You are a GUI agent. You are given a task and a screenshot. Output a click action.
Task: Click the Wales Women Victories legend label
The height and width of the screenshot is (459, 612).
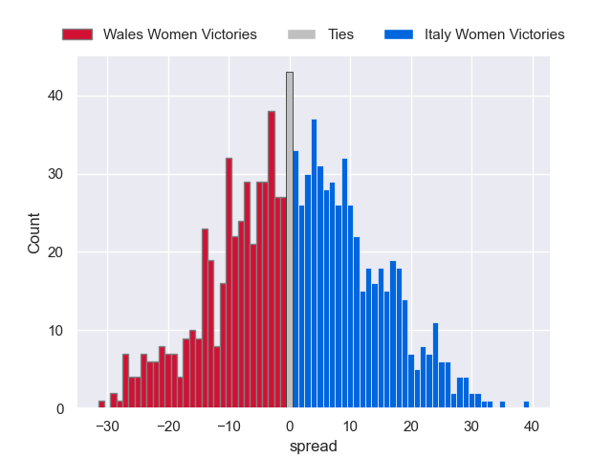[x=180, y=34]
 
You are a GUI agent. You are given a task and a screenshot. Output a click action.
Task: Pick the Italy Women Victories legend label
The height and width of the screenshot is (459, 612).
[x=494, y=34]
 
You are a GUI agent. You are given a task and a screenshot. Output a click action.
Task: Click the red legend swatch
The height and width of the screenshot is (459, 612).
[x=77, y=34]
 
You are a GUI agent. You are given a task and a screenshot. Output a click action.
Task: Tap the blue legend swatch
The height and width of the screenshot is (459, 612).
[x=399, y=34]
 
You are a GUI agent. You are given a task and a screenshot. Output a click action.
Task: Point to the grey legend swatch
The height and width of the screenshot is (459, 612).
[x=302, y=34]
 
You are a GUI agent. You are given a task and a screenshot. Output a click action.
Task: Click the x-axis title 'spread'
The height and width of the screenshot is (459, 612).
[x=313, y=446]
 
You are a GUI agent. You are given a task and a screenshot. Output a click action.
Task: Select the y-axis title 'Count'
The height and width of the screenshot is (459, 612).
[x=34, y=234]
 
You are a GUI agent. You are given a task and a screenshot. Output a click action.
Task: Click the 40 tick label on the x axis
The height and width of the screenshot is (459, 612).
[x=533, y=426]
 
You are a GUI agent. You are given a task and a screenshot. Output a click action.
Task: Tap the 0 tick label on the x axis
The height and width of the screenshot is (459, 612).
[x=290, y=426]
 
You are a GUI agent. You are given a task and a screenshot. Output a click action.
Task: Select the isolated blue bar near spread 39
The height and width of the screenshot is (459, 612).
[x=526, y=405]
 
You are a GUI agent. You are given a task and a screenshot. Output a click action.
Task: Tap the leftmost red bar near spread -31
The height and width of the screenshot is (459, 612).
[x=101, y=405]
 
